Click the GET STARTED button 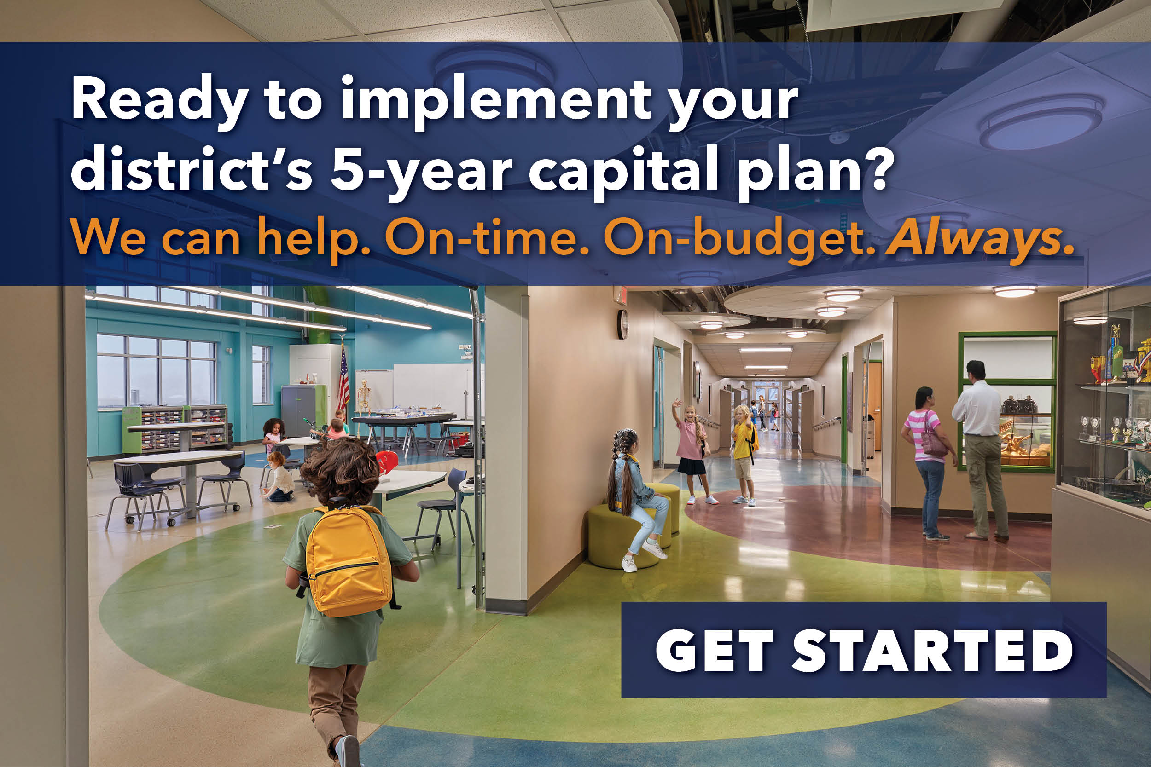click(x=863, y=650)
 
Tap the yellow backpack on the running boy click(x=349, y=559)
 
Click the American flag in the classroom click(x=343, y=380)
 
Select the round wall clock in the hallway click(x=622, y=324)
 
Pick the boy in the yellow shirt click(x=744, y=452)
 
